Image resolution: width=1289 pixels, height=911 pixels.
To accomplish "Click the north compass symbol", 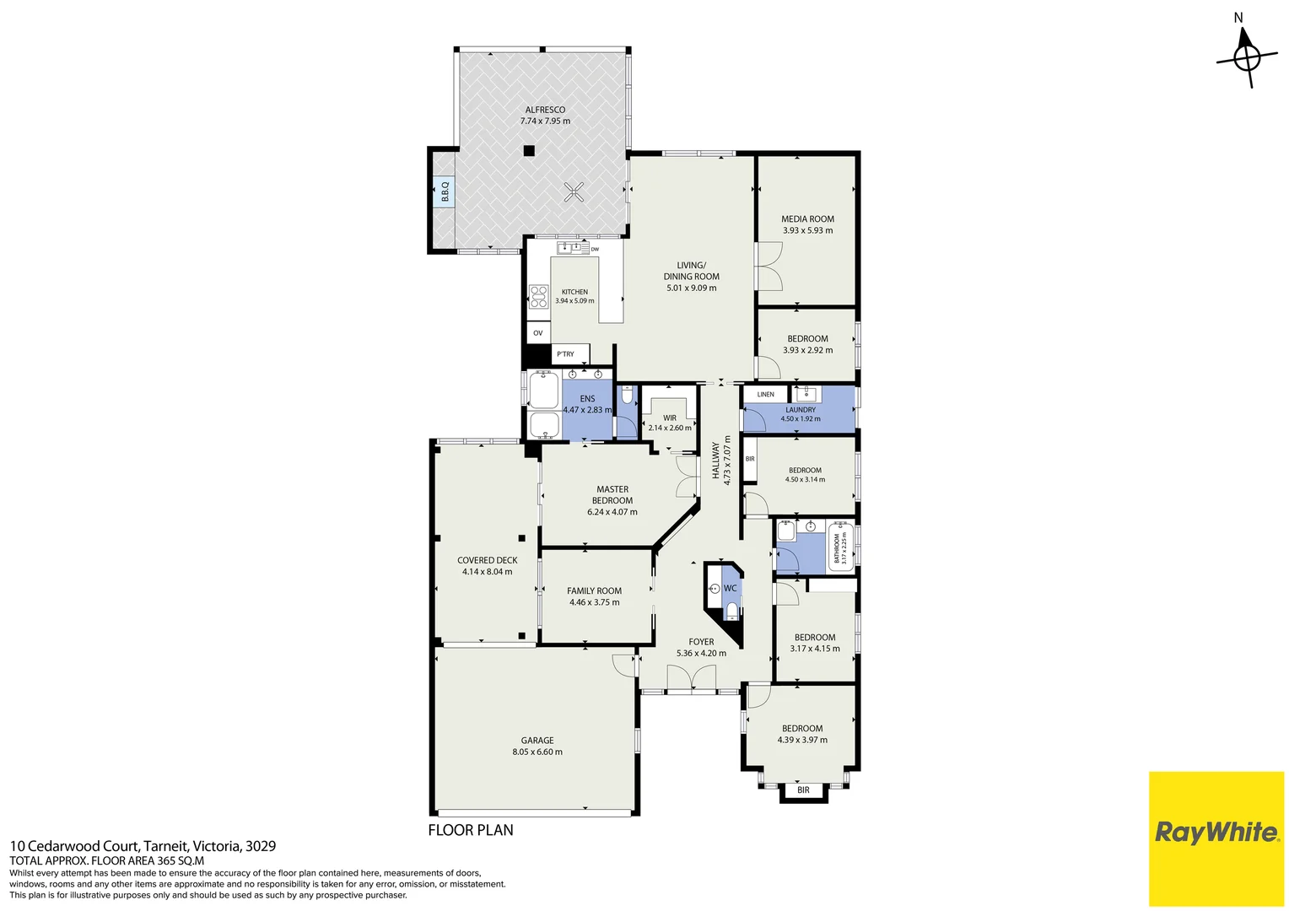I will (x=1247, y=57).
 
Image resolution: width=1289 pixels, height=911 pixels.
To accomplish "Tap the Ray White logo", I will (x=1216, y=833).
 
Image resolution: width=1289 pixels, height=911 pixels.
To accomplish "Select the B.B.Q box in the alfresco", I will (x=445, y=191).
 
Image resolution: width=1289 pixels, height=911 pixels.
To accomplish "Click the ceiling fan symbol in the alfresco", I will (x=574, y=192).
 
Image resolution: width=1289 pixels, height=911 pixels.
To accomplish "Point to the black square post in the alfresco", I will (x=529, y=151).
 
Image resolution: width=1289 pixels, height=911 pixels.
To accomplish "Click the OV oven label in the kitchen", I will (x=538, y=333).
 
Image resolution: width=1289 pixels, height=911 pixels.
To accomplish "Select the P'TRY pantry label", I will (x=566, y=354).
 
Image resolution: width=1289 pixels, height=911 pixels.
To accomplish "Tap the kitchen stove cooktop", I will (x=538, y=296).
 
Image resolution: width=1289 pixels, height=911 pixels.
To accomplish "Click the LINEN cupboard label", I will (x=765, y=394).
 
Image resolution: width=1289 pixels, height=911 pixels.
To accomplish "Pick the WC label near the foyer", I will (x=730, y=588).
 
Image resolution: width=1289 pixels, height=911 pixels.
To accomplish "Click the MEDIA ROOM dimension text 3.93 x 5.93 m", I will (x=807, y=230).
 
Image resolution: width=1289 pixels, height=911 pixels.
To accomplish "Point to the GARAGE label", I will (x=537, y=740).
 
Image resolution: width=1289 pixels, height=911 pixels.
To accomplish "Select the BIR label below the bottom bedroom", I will (x=803, y=790).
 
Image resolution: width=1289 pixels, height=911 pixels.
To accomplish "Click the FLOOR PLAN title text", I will (x=471, y=830).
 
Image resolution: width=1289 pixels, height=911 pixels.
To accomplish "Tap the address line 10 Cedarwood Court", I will (x=143, y=846).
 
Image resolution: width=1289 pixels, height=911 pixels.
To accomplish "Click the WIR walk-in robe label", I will (x=670, y=418).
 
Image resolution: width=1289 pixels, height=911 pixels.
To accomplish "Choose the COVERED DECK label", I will (x=488, y=560).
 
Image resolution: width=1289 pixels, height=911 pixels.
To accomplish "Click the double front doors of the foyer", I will (x=691, y=679).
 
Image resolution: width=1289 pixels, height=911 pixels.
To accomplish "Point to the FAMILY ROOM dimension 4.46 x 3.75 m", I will (x=595, y=602).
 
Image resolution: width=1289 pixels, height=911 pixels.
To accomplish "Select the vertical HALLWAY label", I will (x=715, y=461).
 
